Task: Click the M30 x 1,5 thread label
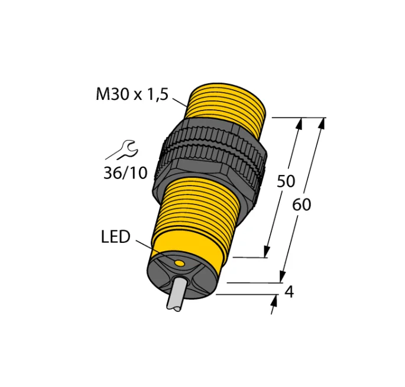pyautogui.click(x=132, y=94)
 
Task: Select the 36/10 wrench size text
pyautogui.click(x=125, y=173)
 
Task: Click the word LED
pyautogui.click(x=115, y=237)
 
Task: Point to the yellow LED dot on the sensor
pyautogui.click(x=179, y=263)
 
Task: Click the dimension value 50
pyautogui.click(x=286, y=181)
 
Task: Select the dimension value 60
pyautogui.click(x=302, y=205)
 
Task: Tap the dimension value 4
pyautogui.click(x=289, y=292)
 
